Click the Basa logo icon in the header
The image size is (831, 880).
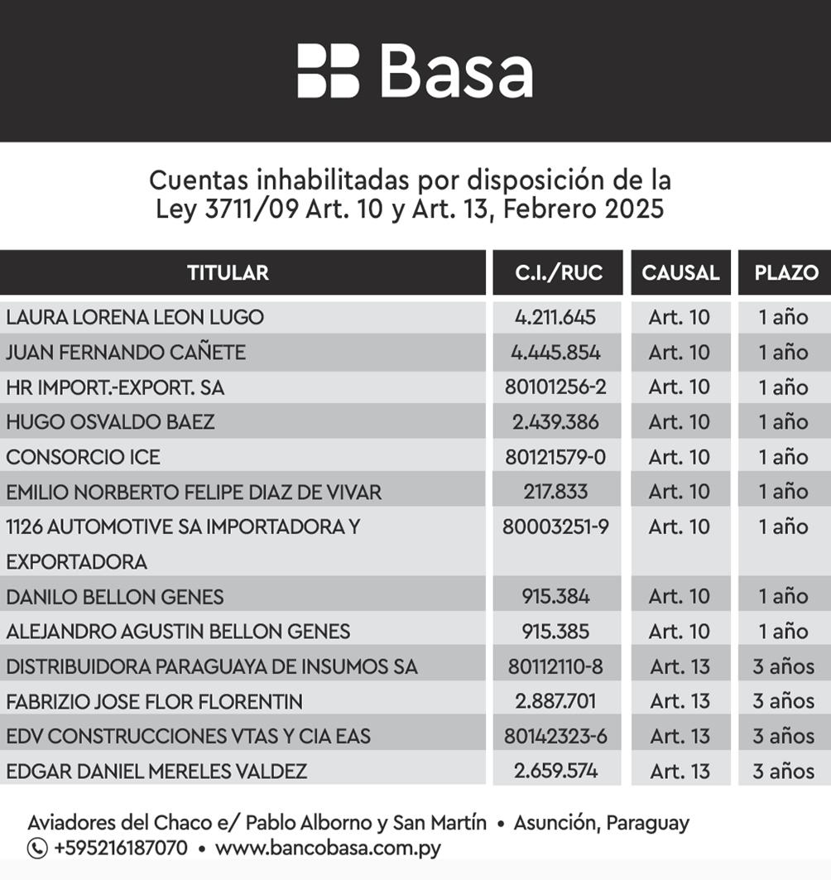pos(328,71)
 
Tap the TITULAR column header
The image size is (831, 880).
pos(228,272)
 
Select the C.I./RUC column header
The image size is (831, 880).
pos(558,272)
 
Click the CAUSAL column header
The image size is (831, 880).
pos(680,272)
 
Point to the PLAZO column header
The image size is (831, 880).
pos(785,272)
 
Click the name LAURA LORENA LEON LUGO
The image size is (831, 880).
pos(135,317)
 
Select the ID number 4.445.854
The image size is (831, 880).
pos(555,353)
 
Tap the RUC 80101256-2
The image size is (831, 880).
pos(555,387)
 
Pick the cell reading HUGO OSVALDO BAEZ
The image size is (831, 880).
pos(110,422)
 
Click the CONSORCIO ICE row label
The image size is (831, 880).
pos(83,457)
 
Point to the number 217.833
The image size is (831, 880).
pos(555,492)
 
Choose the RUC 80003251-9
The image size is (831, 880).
pos(555,527)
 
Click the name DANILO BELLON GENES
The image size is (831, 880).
pos(114,597)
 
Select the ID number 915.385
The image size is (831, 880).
pos(555,632)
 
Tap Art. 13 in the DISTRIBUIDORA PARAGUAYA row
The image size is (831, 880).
pos(680,666)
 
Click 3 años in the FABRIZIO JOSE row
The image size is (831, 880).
pos(783,701)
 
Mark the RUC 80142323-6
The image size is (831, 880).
pos(555,736)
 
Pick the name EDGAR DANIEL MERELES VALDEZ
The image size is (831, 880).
pos(156,772)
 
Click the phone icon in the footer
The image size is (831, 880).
pos(37,849)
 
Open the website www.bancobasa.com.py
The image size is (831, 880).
pos(328,849)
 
